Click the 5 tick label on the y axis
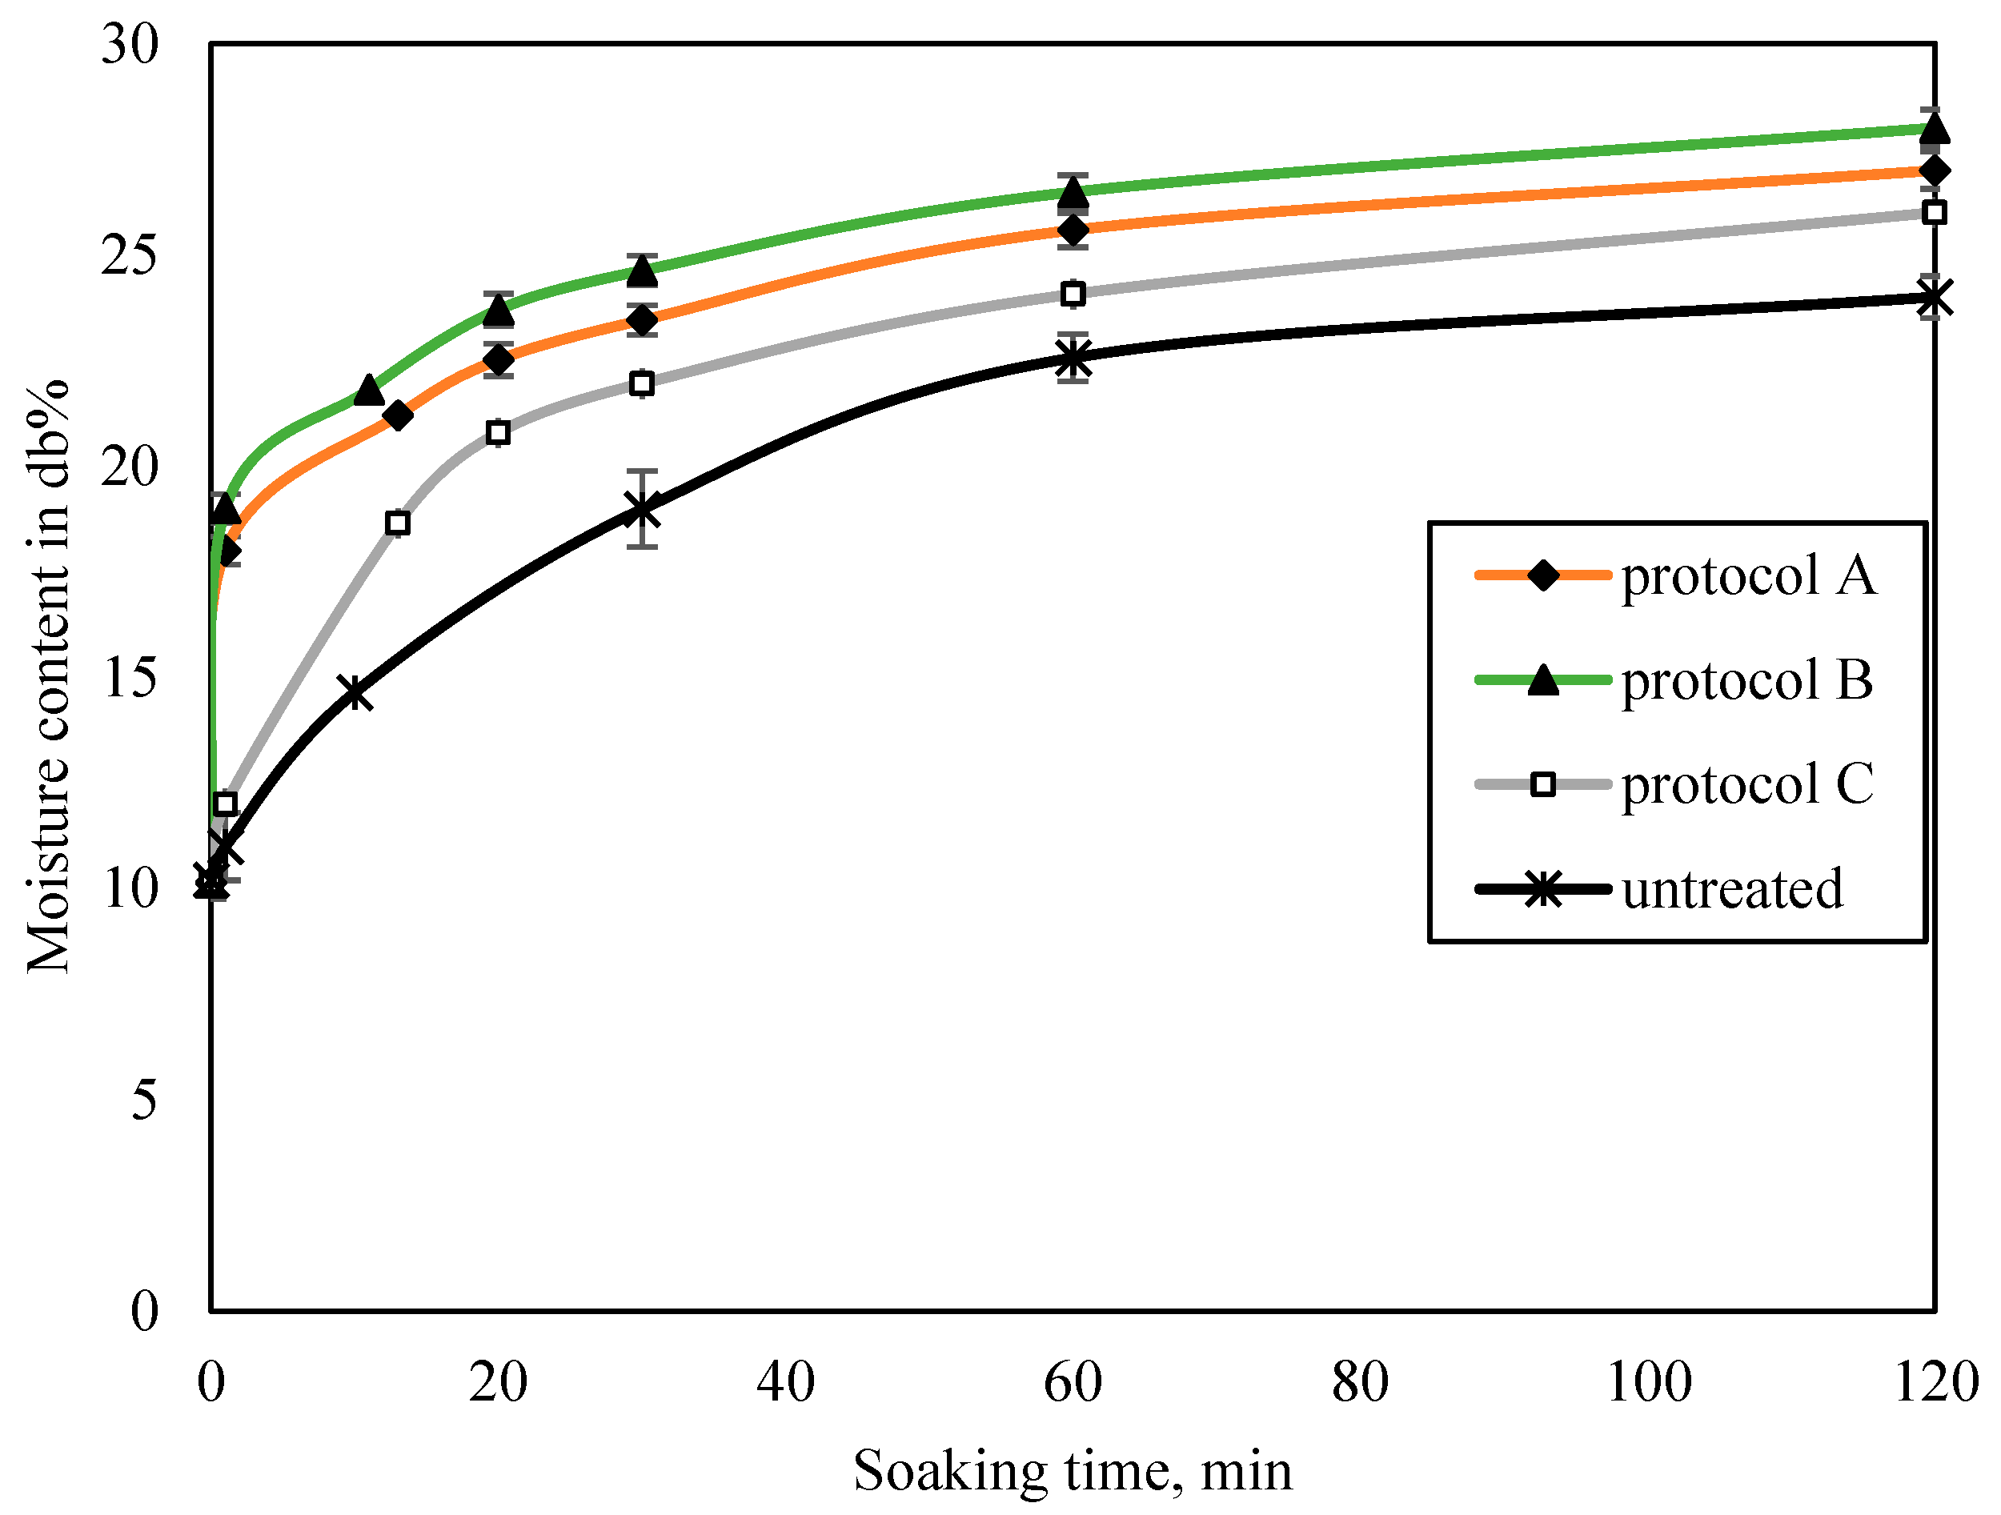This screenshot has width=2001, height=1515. click(144, 1100)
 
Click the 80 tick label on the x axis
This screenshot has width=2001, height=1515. click(1360, 1382)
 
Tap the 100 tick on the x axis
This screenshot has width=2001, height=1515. click(1648, 1382)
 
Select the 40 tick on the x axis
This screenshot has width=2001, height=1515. click(785, 1382)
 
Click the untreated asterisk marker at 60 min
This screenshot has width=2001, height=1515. click(1073, 357)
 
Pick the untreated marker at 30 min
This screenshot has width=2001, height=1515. click(641, 508)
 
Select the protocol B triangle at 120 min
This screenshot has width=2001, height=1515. click(1934, 128)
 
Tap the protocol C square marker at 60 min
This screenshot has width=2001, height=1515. click(1073, 294)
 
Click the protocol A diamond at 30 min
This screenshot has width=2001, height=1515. click(641, 320)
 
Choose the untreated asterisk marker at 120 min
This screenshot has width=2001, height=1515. click(1934, 298)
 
